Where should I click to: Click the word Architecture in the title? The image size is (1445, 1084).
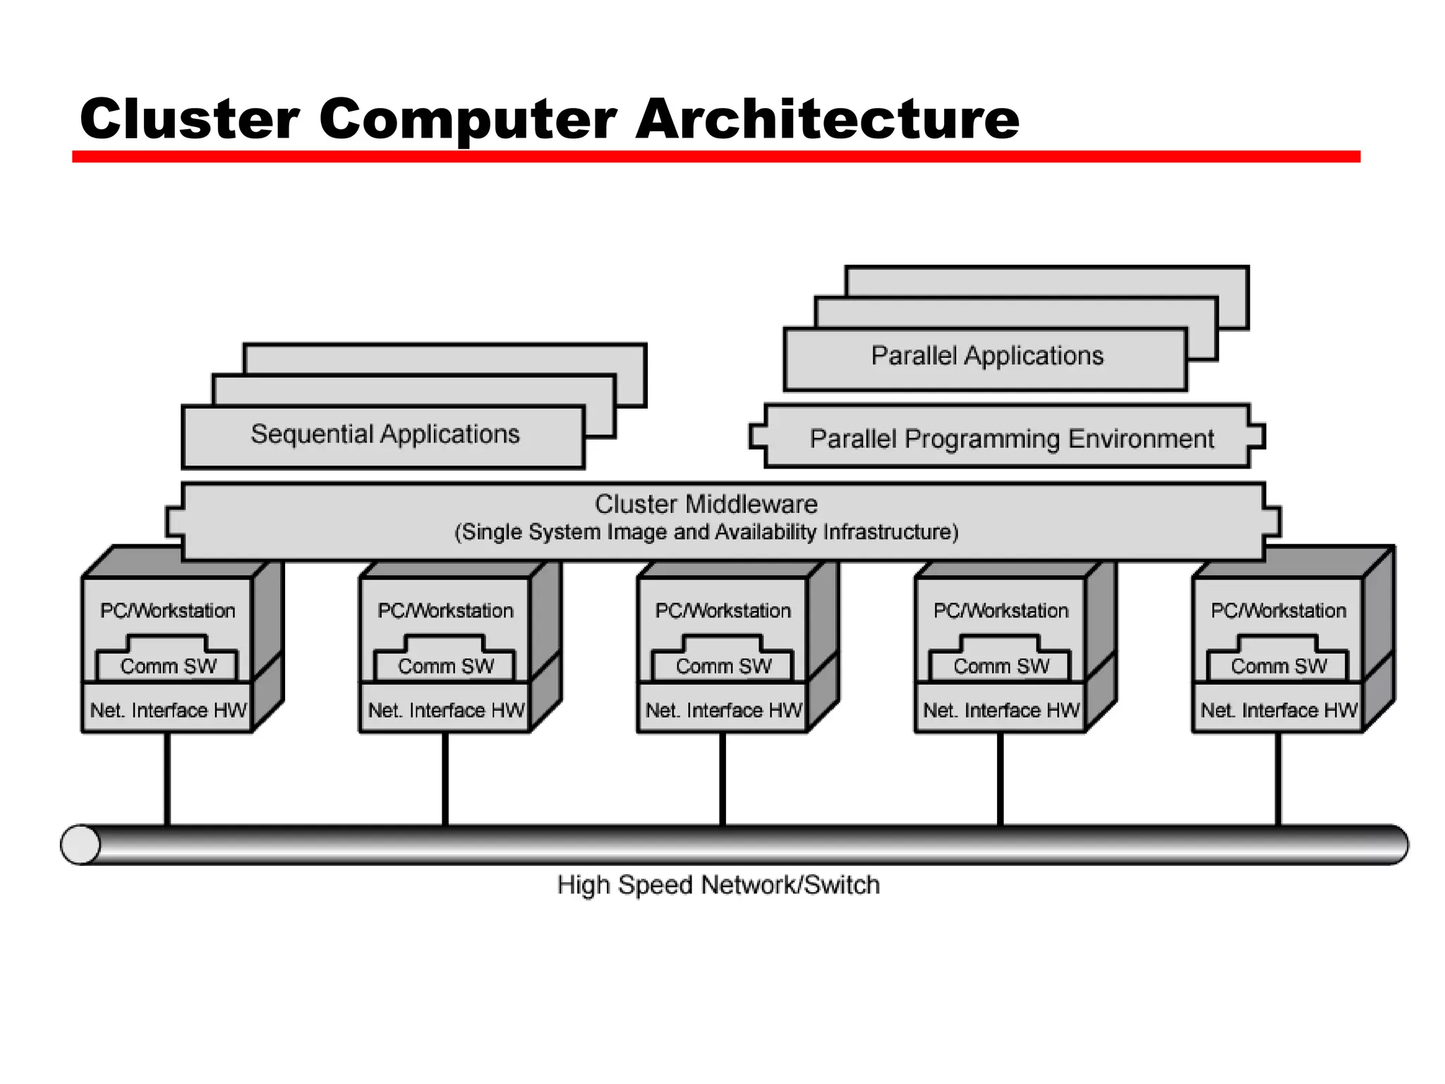[x=827, y=119]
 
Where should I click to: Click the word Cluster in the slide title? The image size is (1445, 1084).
[x=189, y=119]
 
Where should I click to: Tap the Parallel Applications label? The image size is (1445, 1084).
[x=986, y=356]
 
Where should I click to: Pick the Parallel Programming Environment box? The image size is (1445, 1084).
[x=1011, y=439]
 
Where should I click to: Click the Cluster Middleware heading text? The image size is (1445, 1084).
[x=706, y=504]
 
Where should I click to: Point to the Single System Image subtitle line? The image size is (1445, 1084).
[x=706, y=532]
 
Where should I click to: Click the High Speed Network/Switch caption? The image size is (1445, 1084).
[x=718, y=885]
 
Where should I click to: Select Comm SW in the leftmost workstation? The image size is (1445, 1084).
[x=168, y=666]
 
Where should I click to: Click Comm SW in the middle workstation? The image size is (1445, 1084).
[x=723, y=666]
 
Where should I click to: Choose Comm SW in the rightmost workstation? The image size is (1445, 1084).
[x=1278, y=666]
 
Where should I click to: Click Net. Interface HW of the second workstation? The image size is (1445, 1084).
[x=446, y=710]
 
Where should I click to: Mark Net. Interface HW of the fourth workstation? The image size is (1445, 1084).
[x=1001, y=710]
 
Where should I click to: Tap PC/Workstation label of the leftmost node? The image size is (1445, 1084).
[x=168, y=610]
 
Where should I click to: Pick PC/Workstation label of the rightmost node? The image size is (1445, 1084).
[x=1278, y=610]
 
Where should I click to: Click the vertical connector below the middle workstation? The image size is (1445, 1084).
[x=723, y=780]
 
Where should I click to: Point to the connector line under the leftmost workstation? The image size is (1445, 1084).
[x=168, y=780]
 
